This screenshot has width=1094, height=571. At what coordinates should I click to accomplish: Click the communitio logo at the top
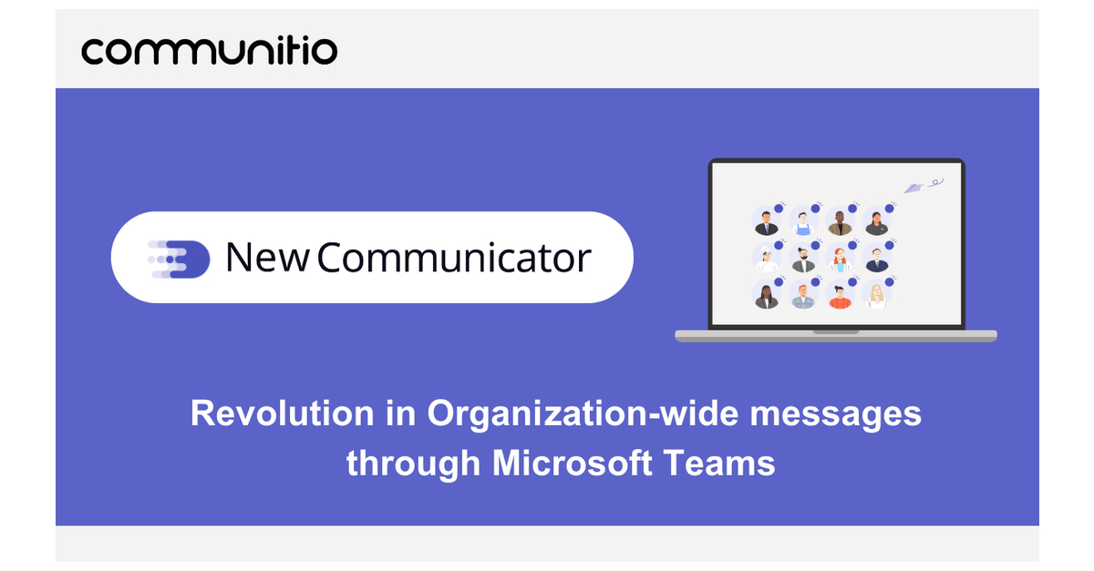click(x=209, y=49)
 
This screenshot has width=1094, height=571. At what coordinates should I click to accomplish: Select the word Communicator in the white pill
click(x=454, y=258)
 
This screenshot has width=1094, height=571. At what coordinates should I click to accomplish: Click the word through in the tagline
click(x=413, y=464)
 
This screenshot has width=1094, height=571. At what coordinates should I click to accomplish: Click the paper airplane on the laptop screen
click(x=914, y=187)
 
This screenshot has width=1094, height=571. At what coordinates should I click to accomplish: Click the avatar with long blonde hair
click(x=876, y=296)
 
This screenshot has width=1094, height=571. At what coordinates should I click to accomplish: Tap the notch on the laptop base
click(x=835, y=331)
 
